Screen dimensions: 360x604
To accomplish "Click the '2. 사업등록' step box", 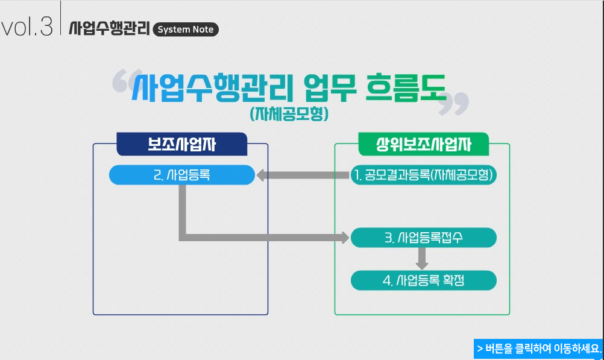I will tap(181, 175).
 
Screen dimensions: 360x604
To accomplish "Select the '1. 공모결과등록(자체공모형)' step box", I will tap(424, 175).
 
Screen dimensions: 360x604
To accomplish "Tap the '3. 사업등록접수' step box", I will tap(424, 238).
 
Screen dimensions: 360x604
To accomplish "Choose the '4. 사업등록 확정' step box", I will tap(424, 280).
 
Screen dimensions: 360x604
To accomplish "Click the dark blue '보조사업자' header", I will tap(182, 144).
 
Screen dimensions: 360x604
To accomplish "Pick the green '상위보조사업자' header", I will tap(423, 144).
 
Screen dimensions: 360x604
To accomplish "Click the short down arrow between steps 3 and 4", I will tap(422, 258).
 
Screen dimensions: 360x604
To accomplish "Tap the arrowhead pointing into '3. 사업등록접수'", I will tap(345, 238).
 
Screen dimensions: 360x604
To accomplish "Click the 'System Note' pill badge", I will tap(186, 30).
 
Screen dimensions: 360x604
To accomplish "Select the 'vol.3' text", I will tap(27, 27).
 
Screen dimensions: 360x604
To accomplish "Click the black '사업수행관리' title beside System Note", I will tap(109, 28).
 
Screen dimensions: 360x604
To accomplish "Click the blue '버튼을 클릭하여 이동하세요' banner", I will tap(538, 349).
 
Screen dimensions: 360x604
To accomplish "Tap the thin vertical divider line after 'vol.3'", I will tap(61, 18).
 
